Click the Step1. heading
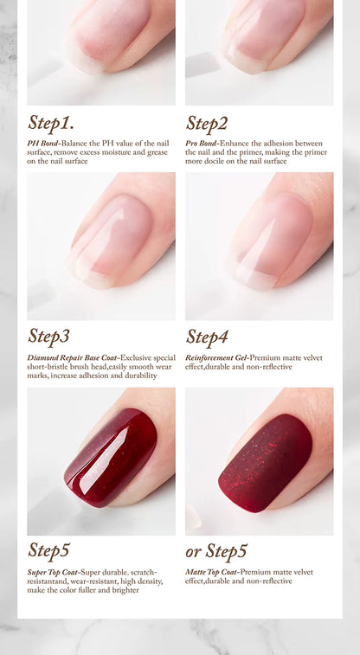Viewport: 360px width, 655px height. coord(51,123)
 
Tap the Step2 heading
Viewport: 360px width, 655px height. coord(207,123)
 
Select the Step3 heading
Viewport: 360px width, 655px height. coord(48,337)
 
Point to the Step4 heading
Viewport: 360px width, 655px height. coord(207,337)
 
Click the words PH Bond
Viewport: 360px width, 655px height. coord(42,144)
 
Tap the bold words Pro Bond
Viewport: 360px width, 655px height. coord(201,144)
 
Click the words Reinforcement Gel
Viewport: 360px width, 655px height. coord(216,358)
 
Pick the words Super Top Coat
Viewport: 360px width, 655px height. coord(53,572)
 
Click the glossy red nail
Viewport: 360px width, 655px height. coord(111,458)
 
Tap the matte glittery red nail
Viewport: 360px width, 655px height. coord(265,463)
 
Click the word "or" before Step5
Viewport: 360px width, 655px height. coord(193,552)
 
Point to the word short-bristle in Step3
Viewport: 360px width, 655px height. coord(46,367)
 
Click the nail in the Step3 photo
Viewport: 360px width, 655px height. coord(110,241)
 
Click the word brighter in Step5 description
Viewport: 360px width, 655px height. coord(125,590)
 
